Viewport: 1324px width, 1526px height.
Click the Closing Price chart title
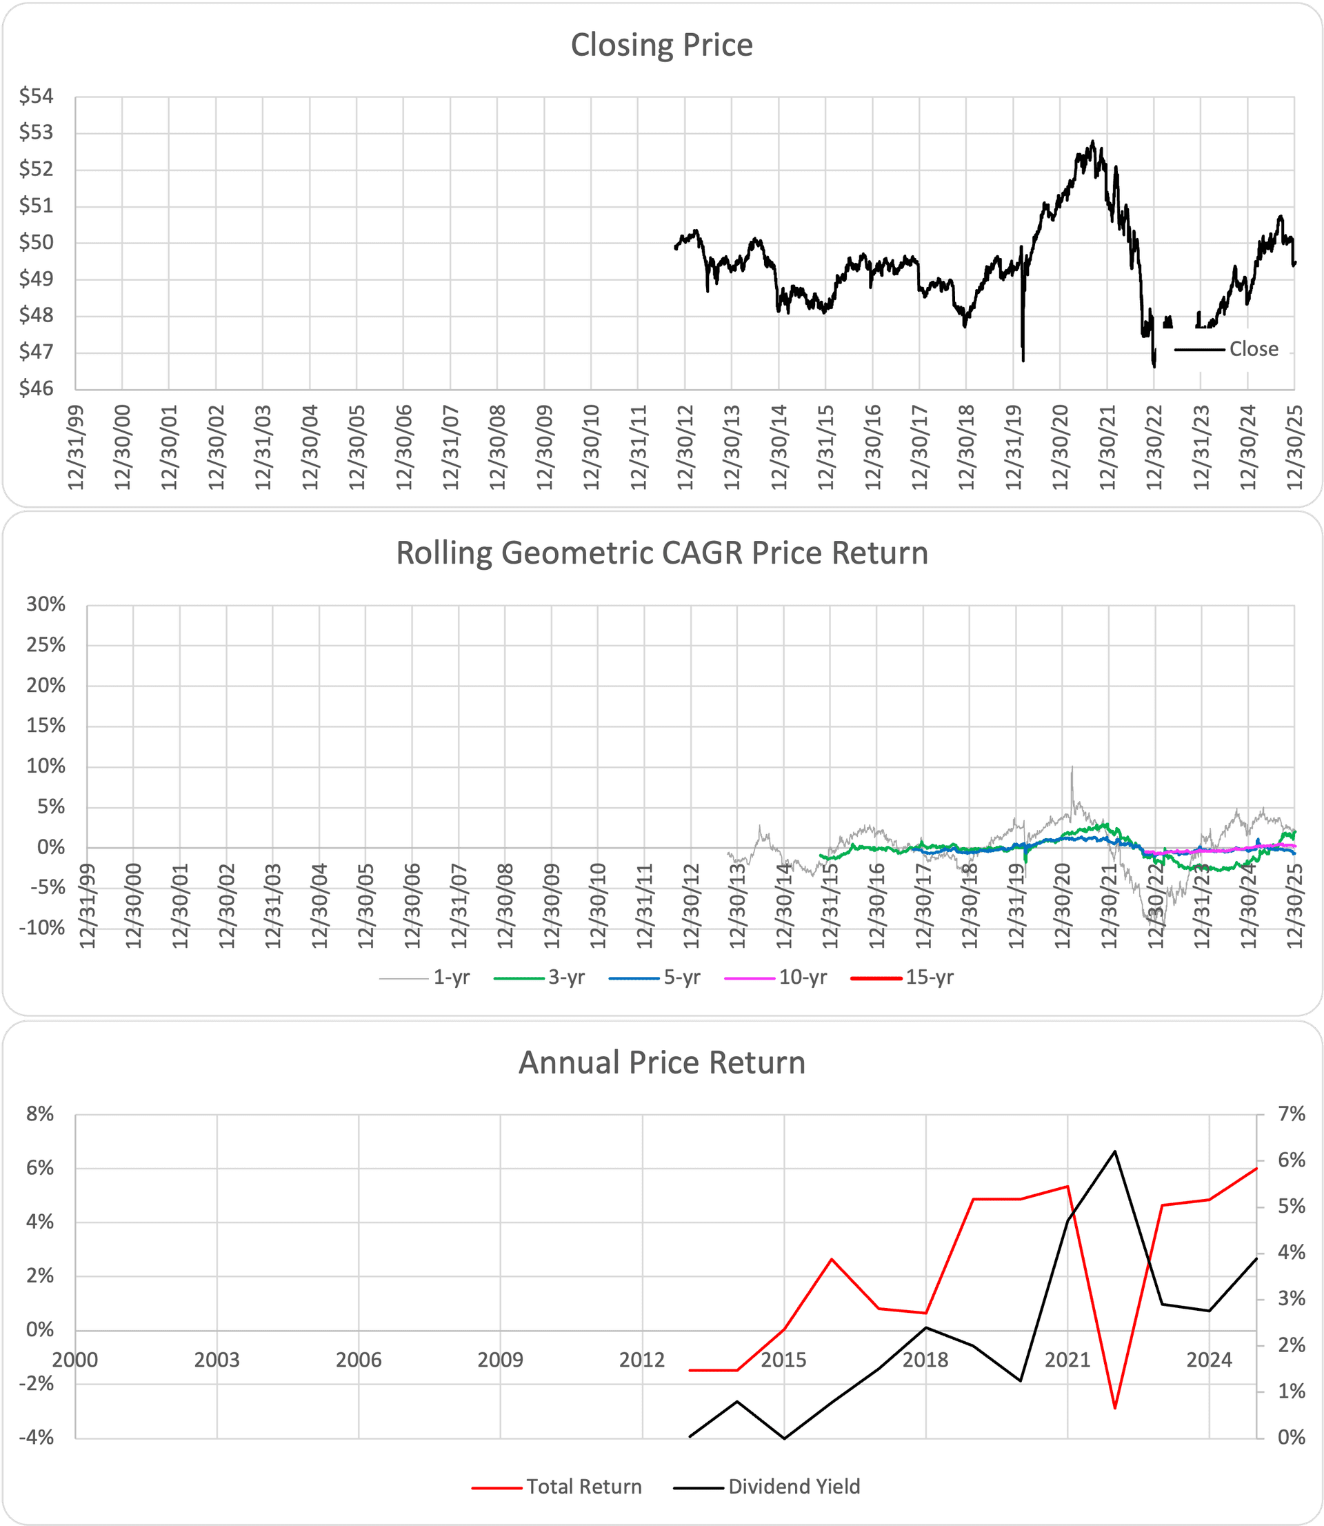[x=661, y=45]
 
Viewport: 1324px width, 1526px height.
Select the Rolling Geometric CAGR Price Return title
[x=661, y=553]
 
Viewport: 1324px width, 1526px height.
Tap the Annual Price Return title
[x=661, y=1062]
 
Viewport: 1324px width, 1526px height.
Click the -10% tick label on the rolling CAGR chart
[x=43, y=927]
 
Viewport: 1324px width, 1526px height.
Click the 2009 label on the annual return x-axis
[x=500, y=1360]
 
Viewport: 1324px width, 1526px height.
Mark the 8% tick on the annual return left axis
[x=40, y=1113]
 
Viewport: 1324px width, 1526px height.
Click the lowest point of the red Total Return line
[x=1115, y=1408]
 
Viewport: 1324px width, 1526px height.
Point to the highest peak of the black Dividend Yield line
[x=1115, y=1151]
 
